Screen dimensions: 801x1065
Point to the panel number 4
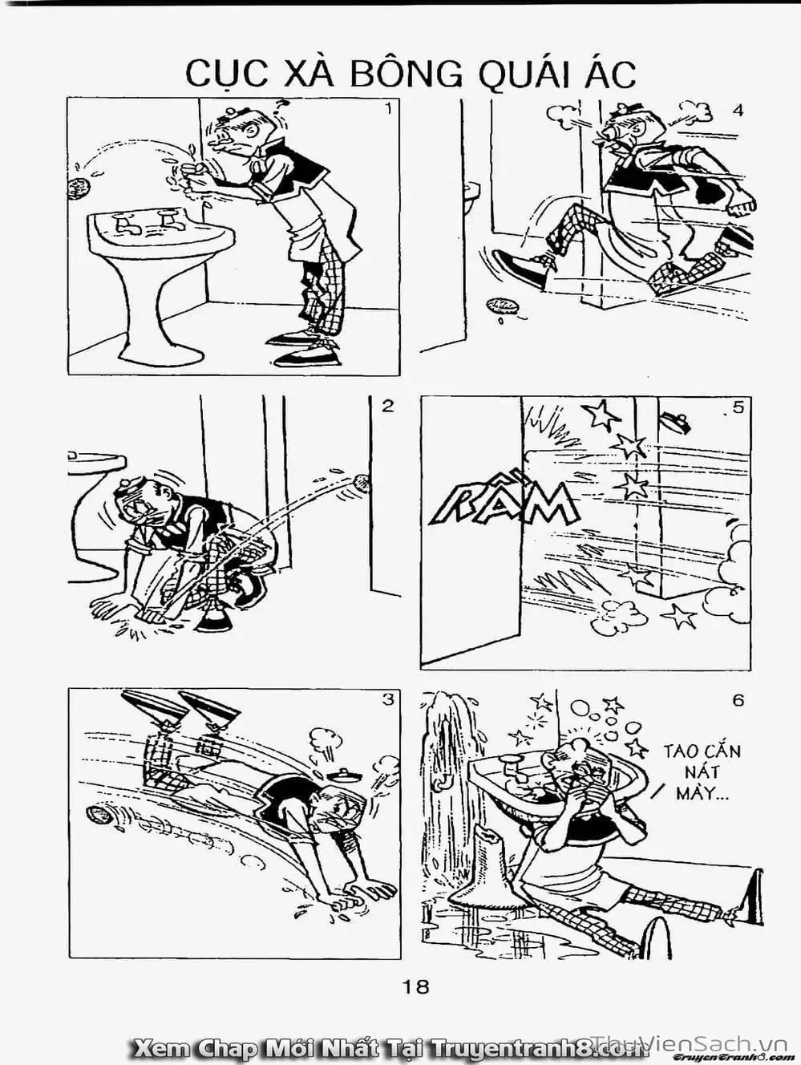point(738,111)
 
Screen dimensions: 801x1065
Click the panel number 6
point(738,701)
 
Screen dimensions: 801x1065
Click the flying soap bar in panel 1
point(79,188)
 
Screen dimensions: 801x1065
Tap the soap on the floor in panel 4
point(503,306)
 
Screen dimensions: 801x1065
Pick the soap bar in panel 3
point(100,814)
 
